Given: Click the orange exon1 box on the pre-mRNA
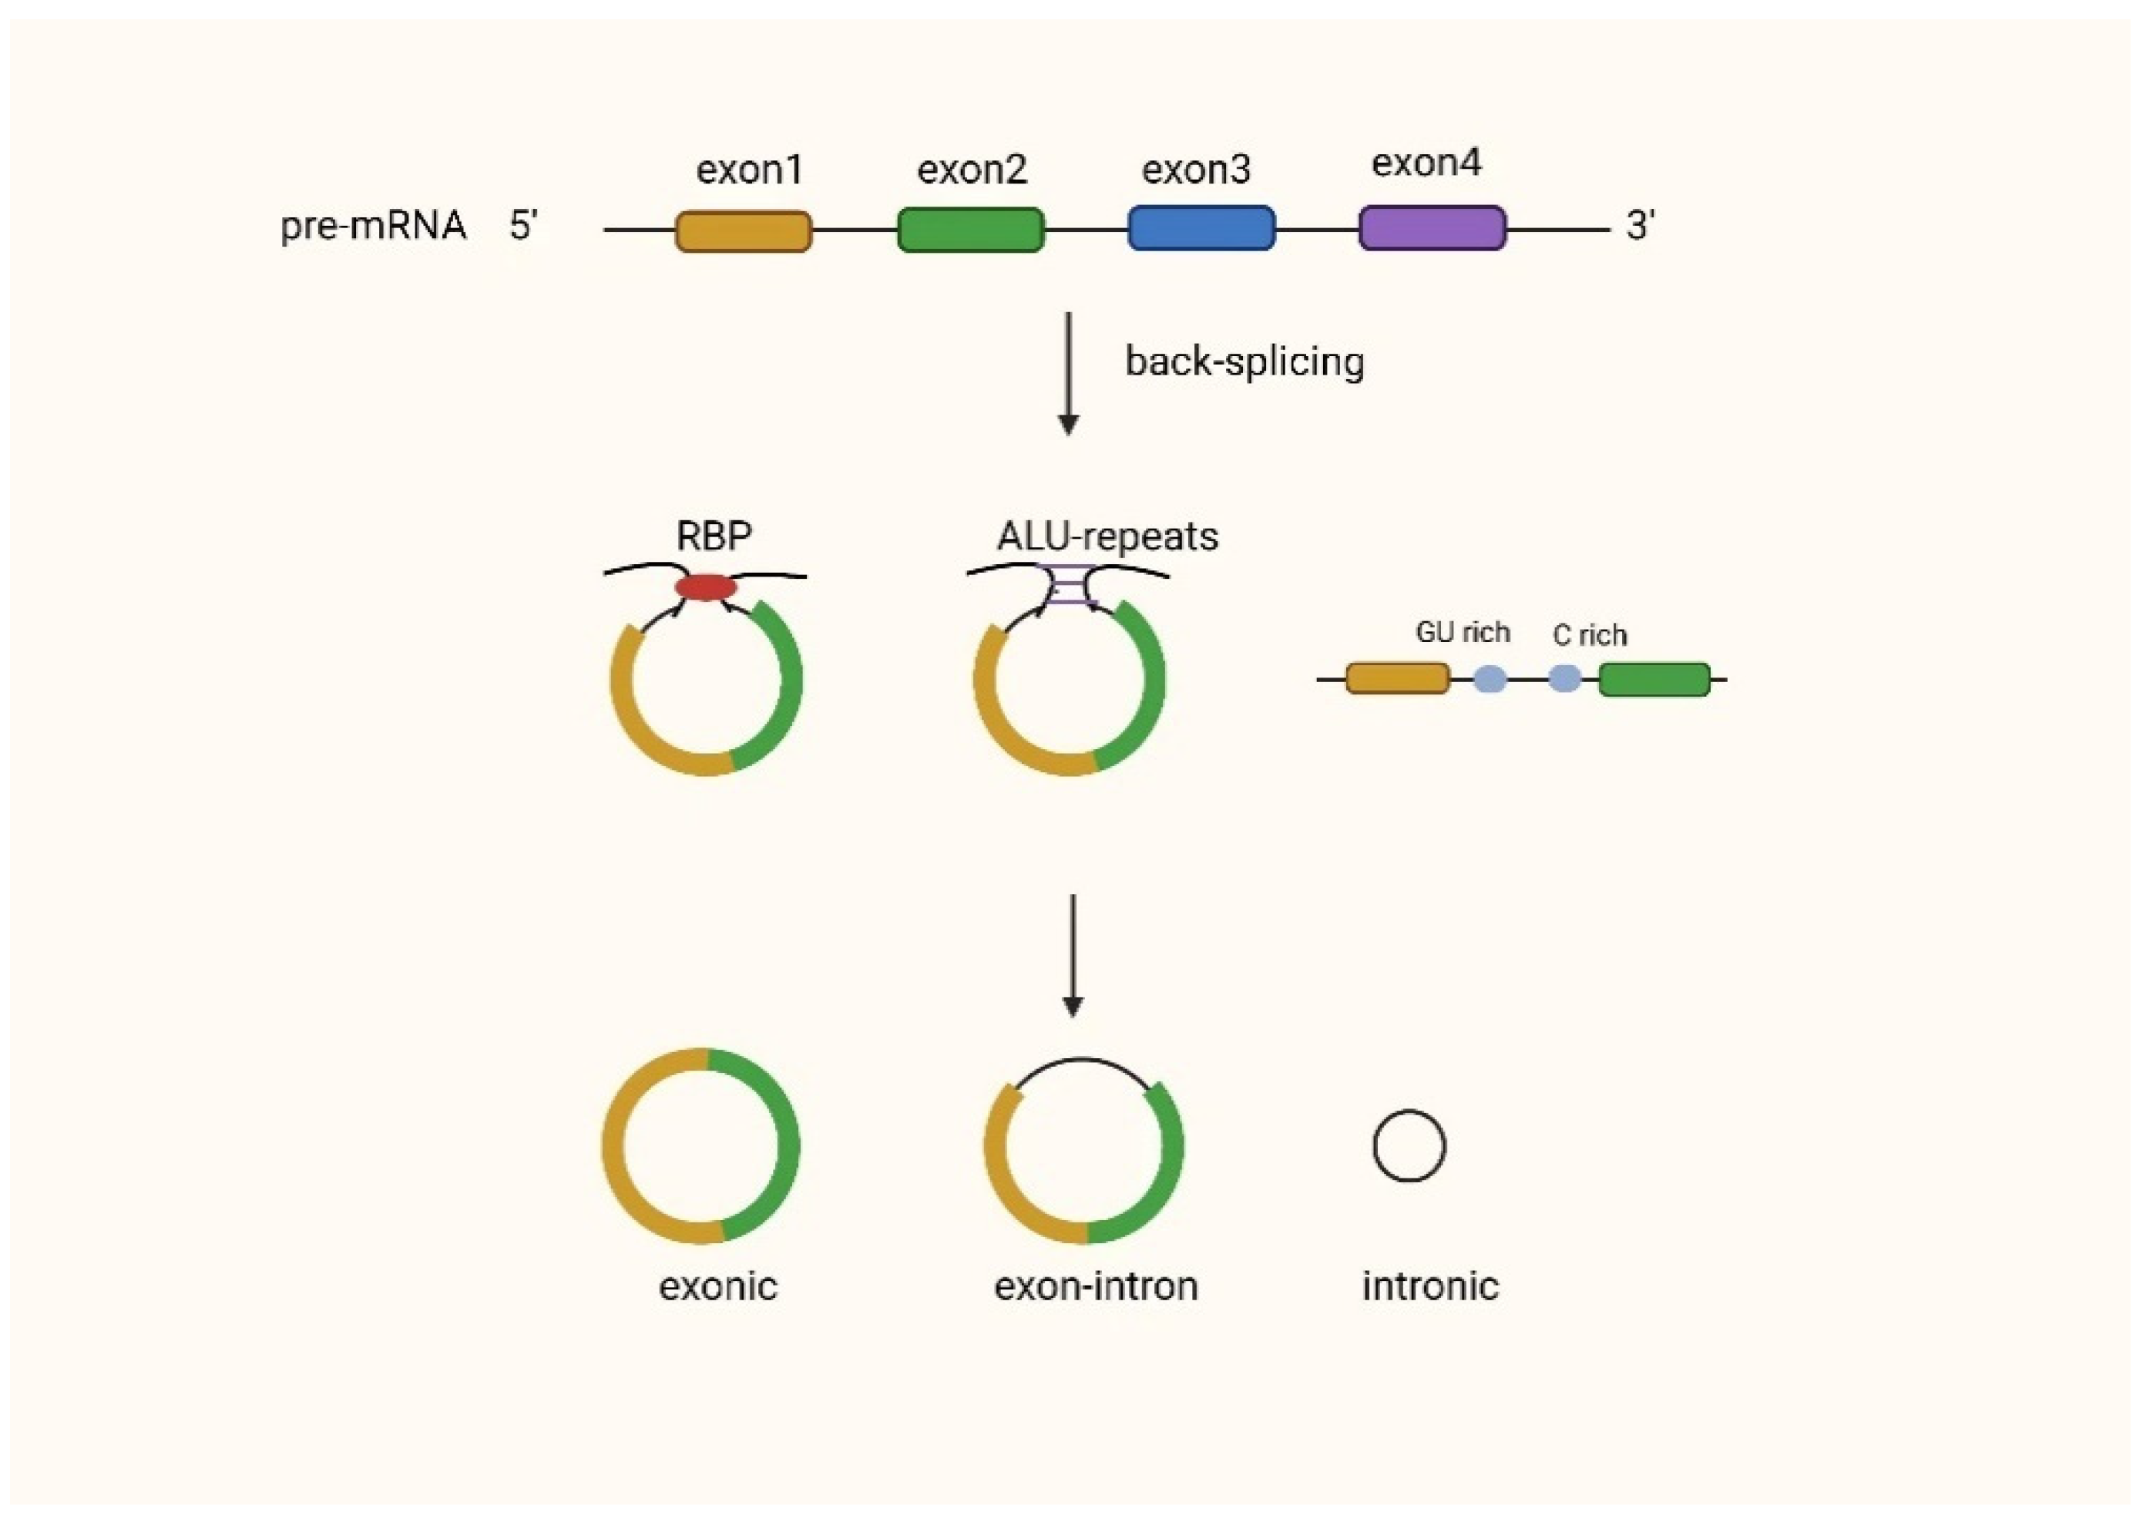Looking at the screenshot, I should coord(744,230).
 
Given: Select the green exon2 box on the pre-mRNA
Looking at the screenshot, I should coord(970,230).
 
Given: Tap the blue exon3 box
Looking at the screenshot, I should coord(1201,228).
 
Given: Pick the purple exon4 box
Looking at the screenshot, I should coord(1432,228).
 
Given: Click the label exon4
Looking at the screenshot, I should coord(1426,163).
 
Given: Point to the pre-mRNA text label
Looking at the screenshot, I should coord(373,226).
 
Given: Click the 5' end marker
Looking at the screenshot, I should coord(523,226).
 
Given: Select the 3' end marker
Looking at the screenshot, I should coord(1640,226).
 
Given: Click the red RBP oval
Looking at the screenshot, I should coord(706,588).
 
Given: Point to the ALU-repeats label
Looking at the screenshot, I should coord(1107,536).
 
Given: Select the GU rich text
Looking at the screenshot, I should coord(1462,633).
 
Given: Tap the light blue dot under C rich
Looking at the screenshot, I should coord(1564,678).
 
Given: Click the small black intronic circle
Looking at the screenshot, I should coord(1409,1146).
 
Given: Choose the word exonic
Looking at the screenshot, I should coord(717,1286).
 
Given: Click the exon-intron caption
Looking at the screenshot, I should coord(1095,1286).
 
